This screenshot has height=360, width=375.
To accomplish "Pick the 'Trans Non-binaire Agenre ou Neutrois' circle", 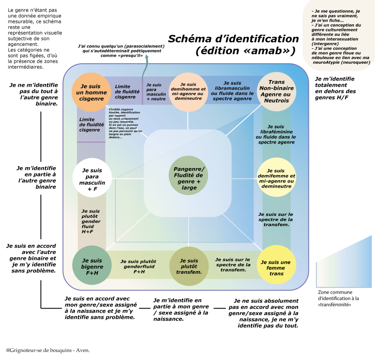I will click(277, 92).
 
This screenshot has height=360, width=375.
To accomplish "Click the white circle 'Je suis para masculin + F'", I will click(92, 178).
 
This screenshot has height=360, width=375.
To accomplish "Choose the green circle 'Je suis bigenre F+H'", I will click(92, 266).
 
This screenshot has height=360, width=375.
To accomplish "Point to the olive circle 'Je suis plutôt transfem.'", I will click(188, 266).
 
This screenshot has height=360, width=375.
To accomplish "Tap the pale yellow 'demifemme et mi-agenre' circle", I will click(276, 178).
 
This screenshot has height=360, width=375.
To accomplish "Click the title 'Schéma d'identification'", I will click(233, 39).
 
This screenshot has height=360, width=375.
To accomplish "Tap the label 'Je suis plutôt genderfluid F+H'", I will click(138, 266).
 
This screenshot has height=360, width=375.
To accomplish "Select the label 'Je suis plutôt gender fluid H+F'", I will click(91, 221).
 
